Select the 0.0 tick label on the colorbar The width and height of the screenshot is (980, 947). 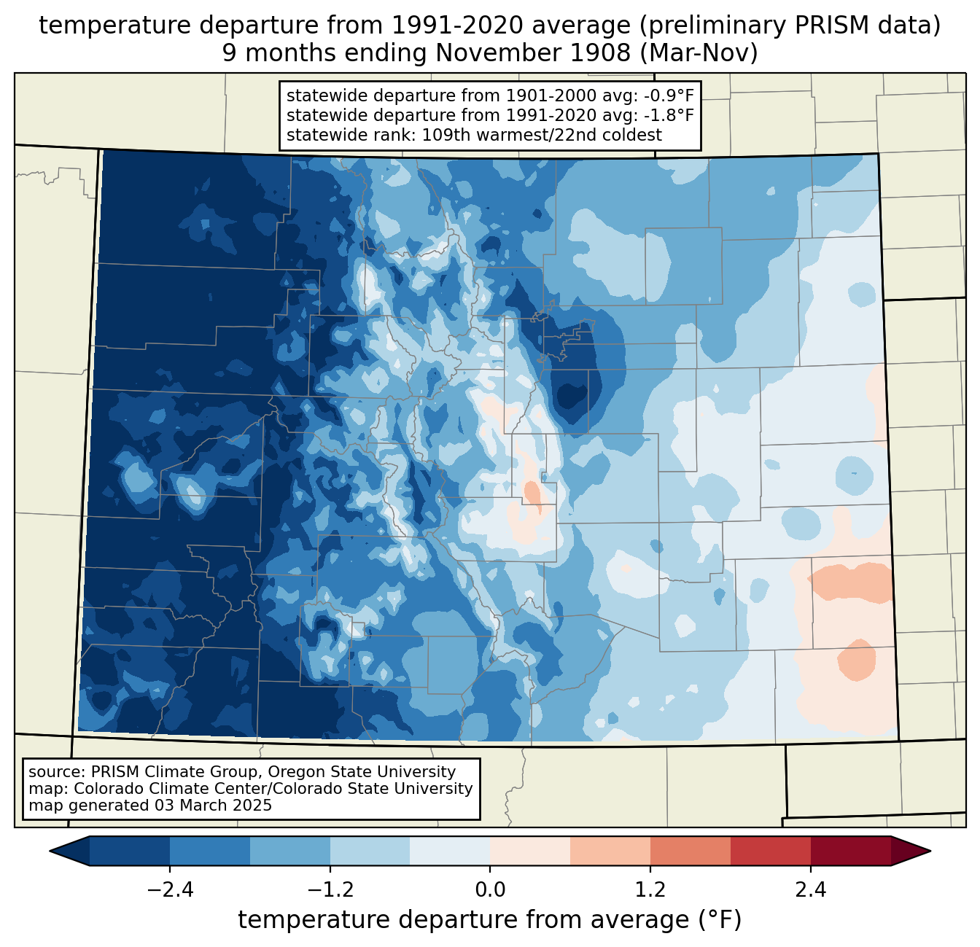(x=490, y=890)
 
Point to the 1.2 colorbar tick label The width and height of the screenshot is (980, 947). (x=650, y=890)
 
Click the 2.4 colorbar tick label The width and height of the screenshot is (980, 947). (x=811, y=890)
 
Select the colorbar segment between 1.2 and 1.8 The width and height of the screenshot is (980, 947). (x=690, y=851)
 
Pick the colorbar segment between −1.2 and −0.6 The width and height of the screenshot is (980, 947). (x=370, y=851)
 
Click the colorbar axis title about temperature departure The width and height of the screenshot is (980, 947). (x=490, y=920)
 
